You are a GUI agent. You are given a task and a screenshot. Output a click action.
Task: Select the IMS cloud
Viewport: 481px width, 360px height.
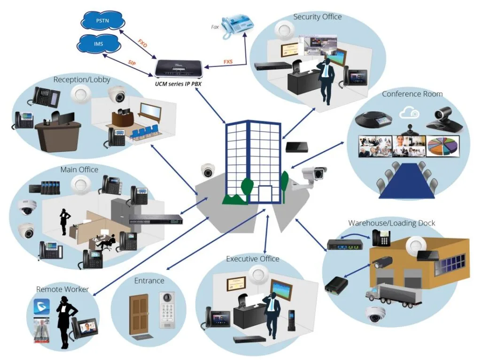pyautogui.click(x=99, y=45)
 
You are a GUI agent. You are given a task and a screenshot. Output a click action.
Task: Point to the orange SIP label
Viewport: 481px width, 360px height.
pyautogui.click(x=133, y=62)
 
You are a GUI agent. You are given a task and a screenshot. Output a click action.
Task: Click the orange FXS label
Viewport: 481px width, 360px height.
pyautogui.click(x=228, y=61)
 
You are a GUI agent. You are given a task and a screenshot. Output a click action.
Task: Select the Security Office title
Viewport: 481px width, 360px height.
pyautogui.click(x=318, y=17)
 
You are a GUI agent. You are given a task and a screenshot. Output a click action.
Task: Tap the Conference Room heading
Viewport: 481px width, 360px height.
pyautogui.click(x=412, y=94)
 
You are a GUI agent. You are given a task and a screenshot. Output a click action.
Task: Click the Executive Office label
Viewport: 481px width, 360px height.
pyautogui.click(x=253, y=259)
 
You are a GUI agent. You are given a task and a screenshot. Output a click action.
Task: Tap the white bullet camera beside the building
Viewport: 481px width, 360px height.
pyautogui.click(x=311, y=177)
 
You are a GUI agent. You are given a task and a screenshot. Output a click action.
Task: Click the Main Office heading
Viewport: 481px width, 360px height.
pyautogui.click(x=79, y=169)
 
